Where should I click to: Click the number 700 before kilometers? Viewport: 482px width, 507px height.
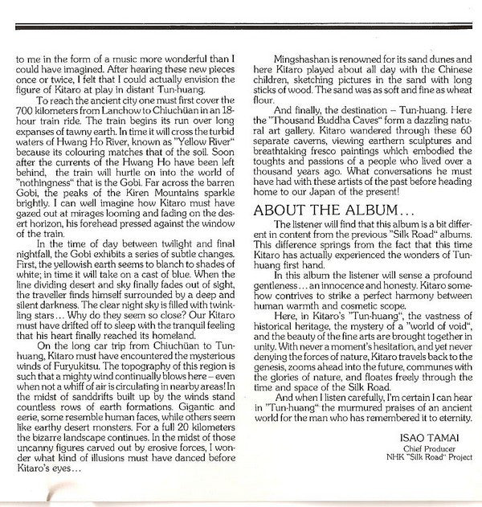tap(27, 108)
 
